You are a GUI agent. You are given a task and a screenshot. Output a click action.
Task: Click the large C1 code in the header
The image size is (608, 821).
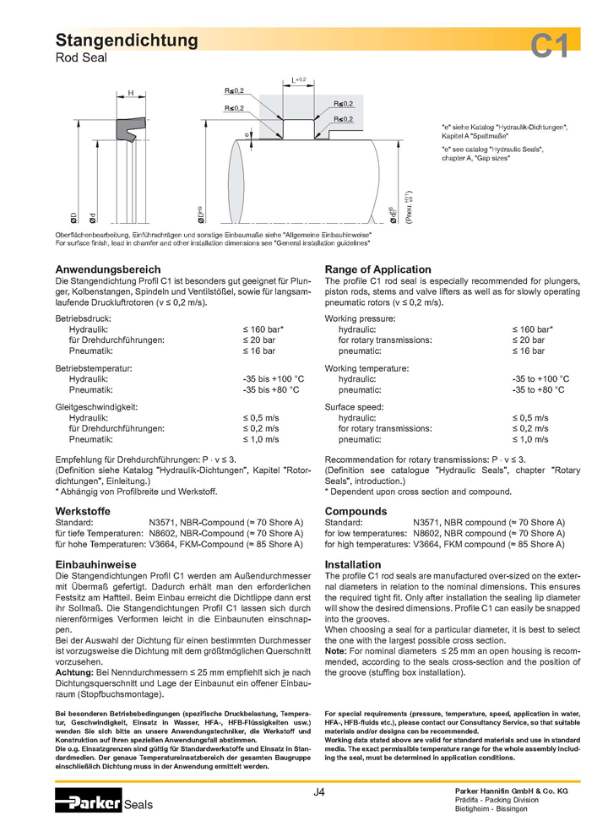[x=550, y=47]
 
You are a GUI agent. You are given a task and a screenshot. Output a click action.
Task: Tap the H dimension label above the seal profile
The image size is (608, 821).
[x=130, y=92]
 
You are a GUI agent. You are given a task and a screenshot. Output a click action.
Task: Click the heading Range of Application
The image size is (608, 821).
[x=377, y=269]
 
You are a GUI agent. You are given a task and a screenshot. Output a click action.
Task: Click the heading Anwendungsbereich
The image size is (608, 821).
[x=108, y=269]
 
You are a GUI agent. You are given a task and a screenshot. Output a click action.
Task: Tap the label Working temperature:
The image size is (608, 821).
[x=367, y=368]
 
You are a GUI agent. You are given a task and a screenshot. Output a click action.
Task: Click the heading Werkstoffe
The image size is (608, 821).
[x=84, y=511]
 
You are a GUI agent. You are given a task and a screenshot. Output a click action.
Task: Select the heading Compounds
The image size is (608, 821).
[x=356, y=511]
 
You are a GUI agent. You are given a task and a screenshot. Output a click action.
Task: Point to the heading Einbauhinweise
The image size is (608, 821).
[x=95, y=564]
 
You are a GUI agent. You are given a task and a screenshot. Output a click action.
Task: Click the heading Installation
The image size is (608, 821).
[x=353, y=564]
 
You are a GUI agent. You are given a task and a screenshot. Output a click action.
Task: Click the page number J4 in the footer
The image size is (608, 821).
[x=318, y=791]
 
